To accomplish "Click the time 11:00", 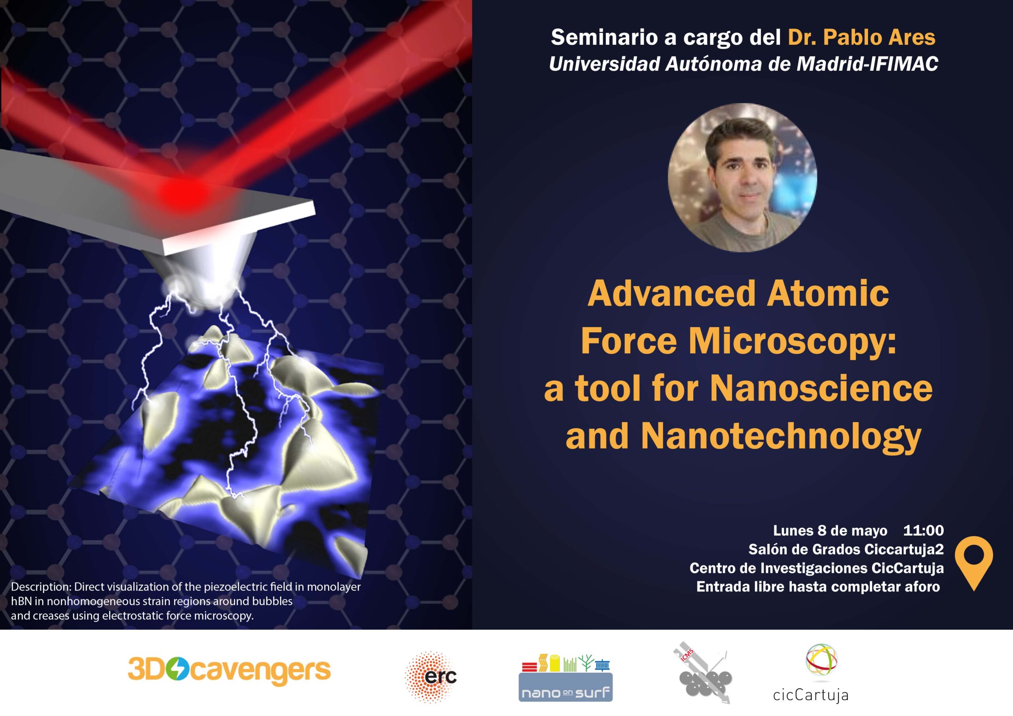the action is pos(924,530).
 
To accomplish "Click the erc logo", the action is pos(431,676).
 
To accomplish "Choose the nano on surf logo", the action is pos(565,678).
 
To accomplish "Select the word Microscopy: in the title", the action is pos(793,341).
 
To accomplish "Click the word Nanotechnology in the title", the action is pos(781,436).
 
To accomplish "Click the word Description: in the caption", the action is pos(41,587).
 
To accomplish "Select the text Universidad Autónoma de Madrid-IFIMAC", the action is pos(744,64).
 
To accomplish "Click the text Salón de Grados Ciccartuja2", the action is pos(846,549).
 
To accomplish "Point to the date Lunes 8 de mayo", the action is pos(830,530).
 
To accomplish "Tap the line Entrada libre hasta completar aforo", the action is pos(818,587).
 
